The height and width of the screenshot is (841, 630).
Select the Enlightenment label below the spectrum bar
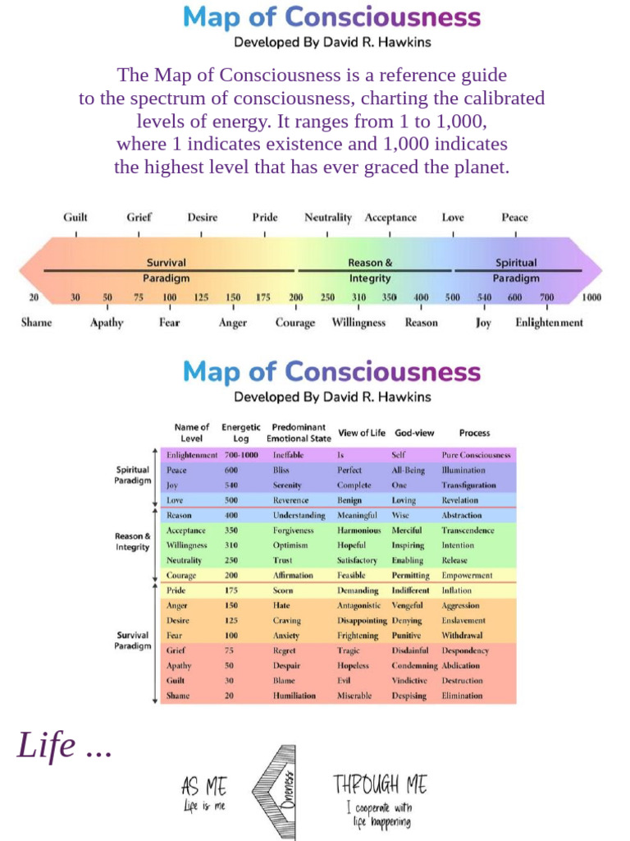(549, 323)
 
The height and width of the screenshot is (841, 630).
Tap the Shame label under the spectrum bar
(36, 323)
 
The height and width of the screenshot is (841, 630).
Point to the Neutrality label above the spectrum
(328, 218)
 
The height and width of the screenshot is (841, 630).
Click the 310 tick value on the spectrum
(359, 297)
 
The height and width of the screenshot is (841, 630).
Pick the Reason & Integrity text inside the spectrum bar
(370, 270)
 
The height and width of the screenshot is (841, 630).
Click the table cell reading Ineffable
(288, 455)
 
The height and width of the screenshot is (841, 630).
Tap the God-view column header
(414, 433)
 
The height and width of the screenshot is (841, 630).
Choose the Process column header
(474, 433)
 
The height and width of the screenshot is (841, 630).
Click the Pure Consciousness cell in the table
(476, 455)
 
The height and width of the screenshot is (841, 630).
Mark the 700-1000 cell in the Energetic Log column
(241, 455)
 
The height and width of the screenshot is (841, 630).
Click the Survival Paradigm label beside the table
(132, 641)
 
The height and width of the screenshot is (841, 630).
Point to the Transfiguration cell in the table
(468, 485)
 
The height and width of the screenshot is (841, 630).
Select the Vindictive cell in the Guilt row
(409, 681)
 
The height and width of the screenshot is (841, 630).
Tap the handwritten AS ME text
(204, 786)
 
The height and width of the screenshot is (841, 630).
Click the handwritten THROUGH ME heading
(380, 784)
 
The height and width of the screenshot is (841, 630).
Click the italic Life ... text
(64, 746)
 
